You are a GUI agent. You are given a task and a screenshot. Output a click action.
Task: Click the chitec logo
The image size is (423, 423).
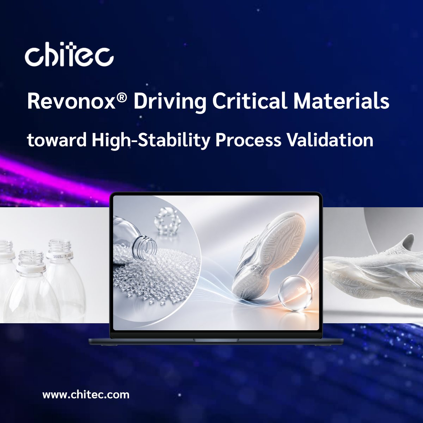(69, 55)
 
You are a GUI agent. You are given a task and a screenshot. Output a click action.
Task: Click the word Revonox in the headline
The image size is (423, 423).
(72, 102)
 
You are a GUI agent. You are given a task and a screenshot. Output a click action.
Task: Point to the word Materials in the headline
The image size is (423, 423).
(341, 102)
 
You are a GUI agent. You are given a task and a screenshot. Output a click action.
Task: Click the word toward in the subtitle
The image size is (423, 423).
(57, 140)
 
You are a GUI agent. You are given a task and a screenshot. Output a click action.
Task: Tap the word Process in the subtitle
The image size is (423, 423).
(249, 141)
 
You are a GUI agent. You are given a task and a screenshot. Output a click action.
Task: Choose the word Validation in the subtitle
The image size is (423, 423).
(330, 140)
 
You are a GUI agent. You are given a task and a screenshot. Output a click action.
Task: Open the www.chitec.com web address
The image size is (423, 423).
(86, 394)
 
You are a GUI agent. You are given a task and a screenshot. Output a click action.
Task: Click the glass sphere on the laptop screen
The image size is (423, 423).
(295, 293)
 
